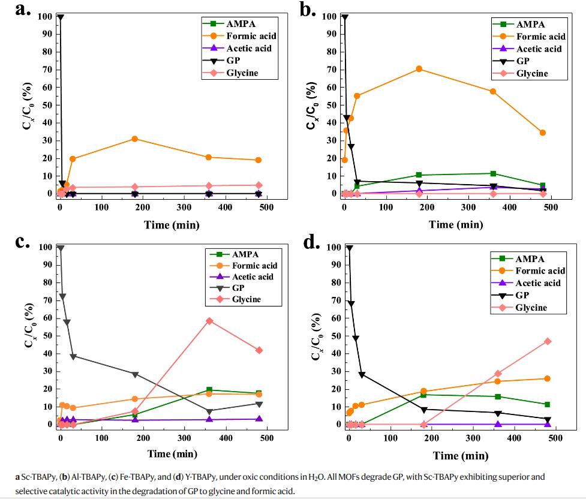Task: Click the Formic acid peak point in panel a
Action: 134,139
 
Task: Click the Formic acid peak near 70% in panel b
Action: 419,69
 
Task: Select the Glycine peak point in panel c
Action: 209,321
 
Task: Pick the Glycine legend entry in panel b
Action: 532,73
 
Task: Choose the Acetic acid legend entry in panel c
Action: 253,276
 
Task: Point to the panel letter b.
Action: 308,10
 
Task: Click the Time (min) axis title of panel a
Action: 171,225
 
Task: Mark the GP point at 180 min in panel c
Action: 135,374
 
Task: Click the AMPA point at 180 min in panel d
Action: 423,395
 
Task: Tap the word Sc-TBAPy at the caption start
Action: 37,477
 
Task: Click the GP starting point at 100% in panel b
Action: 344,17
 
